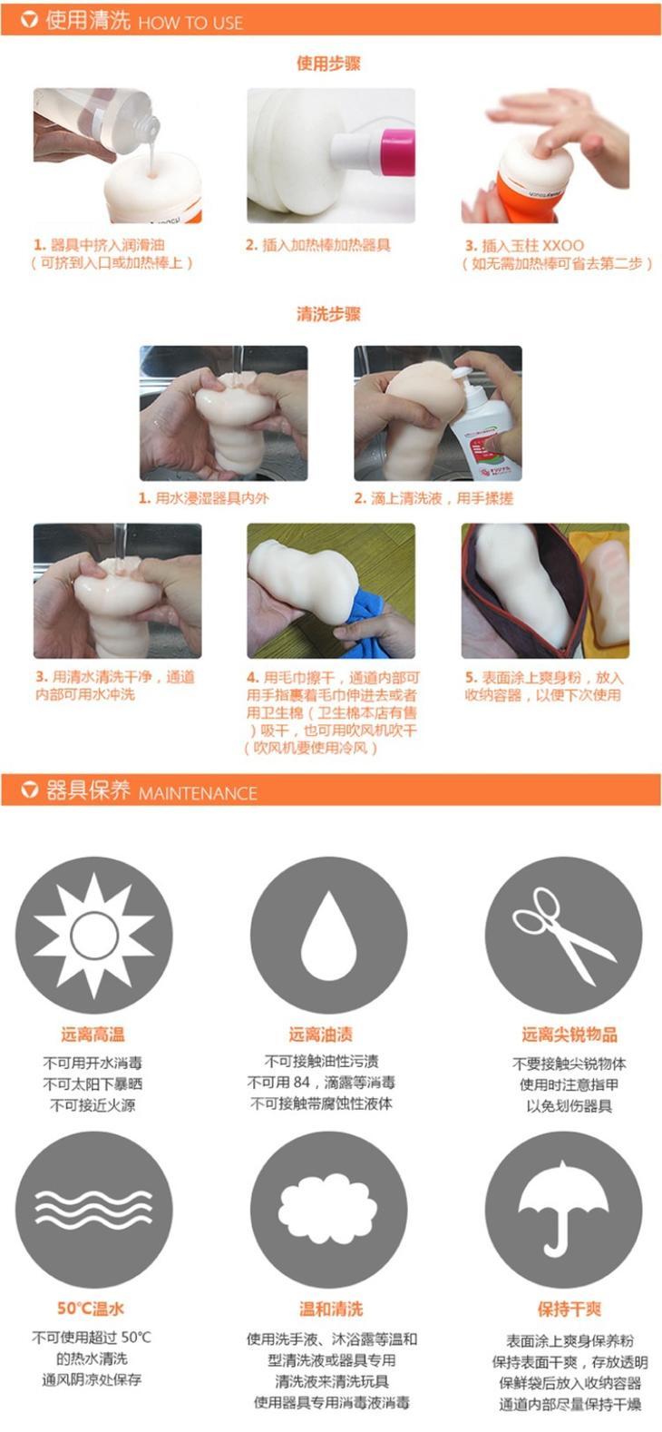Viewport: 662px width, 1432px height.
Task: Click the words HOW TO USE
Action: point(190,23)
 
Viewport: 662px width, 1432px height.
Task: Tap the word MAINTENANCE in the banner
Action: point(198,793)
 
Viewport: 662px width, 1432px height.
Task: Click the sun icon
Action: point(94,936)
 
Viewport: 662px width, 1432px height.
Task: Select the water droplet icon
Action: point(327,935)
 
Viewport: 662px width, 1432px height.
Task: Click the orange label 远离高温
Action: point(92,1034)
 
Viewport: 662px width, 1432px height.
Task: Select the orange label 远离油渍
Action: point(320,1034)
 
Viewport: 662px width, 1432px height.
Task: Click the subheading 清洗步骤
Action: point(328,313)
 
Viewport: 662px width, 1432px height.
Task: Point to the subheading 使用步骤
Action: point(328,63)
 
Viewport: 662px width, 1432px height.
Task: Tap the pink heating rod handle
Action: point(397,153)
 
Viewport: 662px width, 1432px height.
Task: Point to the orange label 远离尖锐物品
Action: point(570,1034)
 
